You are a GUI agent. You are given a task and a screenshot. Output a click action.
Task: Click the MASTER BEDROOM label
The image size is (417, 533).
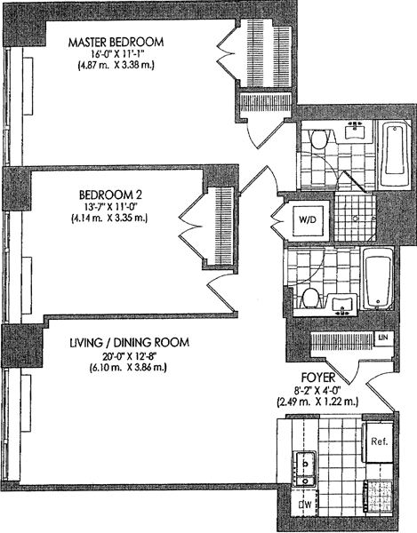[x=116, y=42]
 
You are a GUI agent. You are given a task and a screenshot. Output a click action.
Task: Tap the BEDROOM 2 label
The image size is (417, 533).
[x=110, y=195]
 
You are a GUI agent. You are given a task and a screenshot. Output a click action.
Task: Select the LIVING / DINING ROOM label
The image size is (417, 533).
[x=129, y=342]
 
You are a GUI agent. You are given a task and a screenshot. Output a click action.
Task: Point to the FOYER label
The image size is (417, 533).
[x=318, y=378]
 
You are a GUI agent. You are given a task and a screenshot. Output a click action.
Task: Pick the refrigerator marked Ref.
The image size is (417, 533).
[x=380, y=442]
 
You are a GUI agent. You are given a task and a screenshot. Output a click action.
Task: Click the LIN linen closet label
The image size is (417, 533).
[x=383, y=338]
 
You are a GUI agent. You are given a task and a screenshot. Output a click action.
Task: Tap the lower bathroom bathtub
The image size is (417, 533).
[x=378, y=278]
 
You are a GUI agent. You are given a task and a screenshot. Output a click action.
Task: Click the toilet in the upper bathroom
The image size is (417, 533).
[x=318, y=139]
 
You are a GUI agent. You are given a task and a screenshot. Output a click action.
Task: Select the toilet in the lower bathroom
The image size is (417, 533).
[x=309, y=298]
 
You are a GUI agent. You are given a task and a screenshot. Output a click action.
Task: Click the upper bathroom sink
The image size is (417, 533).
[x=355, y=131]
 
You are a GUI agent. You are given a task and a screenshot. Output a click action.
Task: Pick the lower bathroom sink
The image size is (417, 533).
[x=343, y=304]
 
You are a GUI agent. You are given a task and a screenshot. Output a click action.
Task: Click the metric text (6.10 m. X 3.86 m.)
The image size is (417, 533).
[x=128, y=367]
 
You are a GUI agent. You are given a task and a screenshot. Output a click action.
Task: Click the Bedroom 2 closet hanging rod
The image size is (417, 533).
[x=223, y=226]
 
